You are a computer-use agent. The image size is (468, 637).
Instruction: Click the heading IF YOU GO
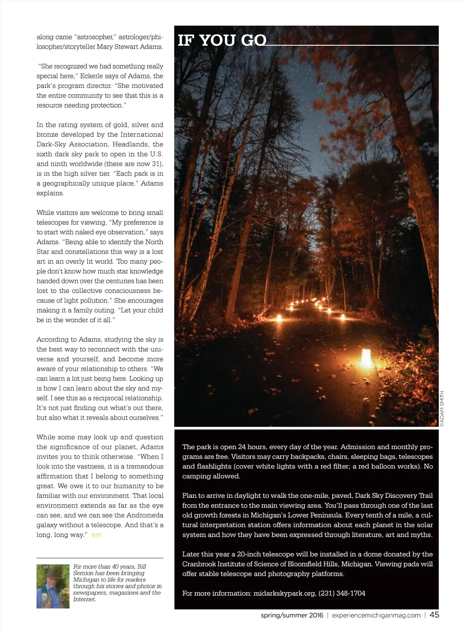click(x=222, y=40)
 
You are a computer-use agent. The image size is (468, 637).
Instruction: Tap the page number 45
click(x=434, y=615)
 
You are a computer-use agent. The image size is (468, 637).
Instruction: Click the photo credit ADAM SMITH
click(x=442, y=409)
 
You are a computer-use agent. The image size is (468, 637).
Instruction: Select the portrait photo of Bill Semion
click(x=53, y=586)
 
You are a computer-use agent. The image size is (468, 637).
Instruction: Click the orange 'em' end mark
click(x=96, y=535)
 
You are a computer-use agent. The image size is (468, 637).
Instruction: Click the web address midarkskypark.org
click(x=284, y=594)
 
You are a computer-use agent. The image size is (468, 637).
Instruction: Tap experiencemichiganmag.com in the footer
click(x=376, y=615)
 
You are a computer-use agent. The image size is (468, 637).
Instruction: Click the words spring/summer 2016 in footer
click(x=292, y=615)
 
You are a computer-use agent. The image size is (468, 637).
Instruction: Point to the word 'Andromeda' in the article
click(x=144, y=515)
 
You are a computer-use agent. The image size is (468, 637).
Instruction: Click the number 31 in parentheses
click(x=155, y=164)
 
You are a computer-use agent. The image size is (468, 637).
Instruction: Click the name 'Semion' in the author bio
click(x=83, y=573)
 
